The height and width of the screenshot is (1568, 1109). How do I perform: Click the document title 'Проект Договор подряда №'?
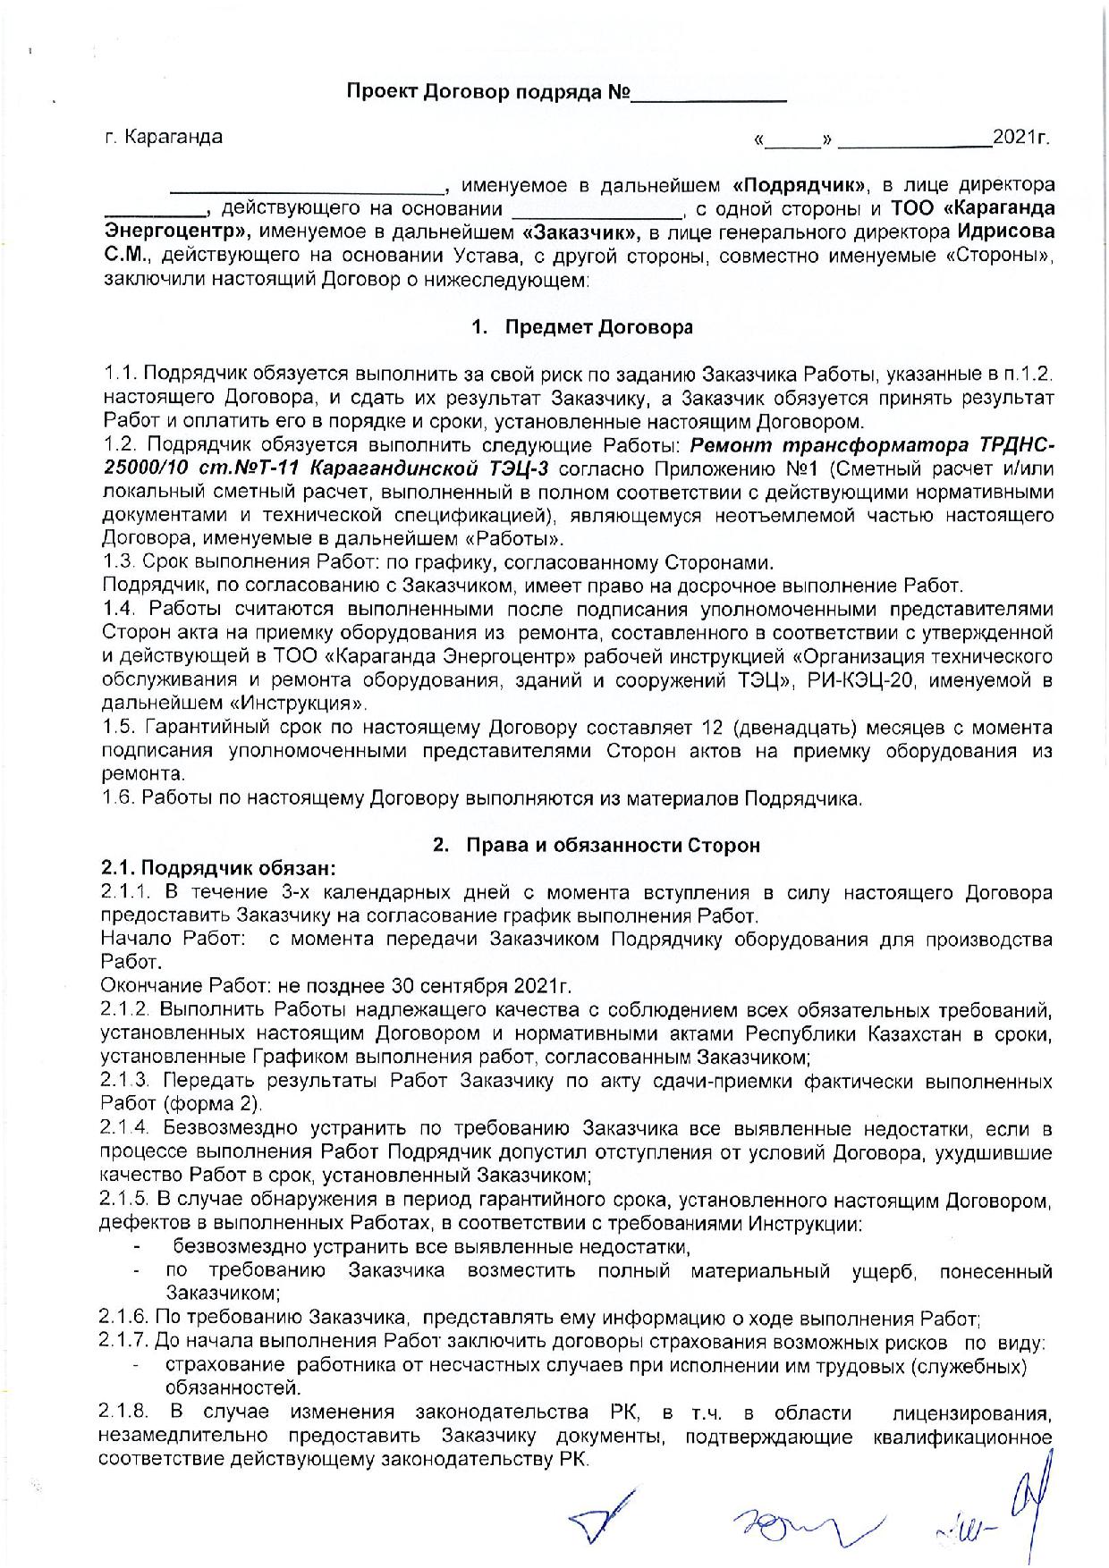point(488,93)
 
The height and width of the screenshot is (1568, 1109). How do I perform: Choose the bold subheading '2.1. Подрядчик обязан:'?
point(219,868)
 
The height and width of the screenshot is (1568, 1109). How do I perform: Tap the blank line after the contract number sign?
point(710,95)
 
